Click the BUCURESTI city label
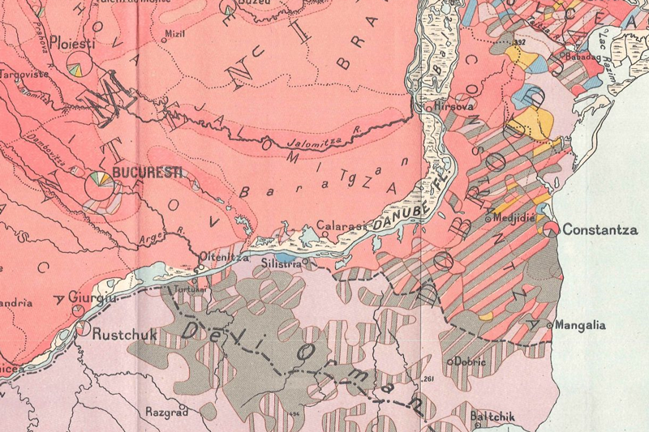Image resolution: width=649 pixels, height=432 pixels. pyautogui.click(x=148, y=173)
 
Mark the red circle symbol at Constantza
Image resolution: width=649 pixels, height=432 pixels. pyautogui.click(x=552, y=229)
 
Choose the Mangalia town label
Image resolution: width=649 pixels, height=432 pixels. pyautogui.click(x=581, y=326)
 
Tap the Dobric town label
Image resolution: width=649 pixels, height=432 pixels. pyautogui.click(x=471, y=361)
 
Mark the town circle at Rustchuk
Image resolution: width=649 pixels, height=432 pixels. pyautogui.click(x=83, y=329)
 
